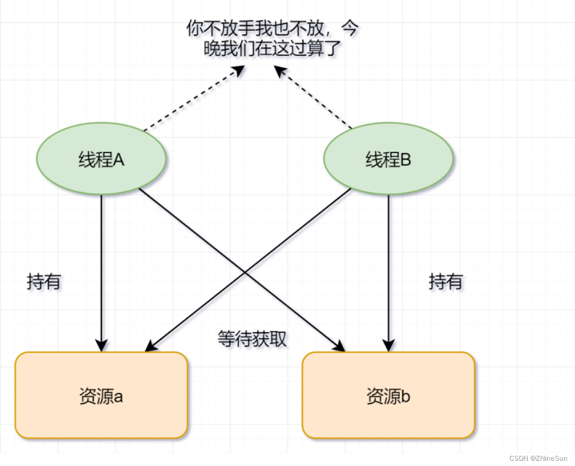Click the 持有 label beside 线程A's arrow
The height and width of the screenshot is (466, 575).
coord(44,282)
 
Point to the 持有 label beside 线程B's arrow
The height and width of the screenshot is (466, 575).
coord(446,282)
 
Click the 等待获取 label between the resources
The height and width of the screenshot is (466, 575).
coord(252,339)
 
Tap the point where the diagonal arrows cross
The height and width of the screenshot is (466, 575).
coord(244,271)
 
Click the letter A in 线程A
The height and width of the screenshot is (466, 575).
coord(118,160)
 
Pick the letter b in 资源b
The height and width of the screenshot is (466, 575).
coord(406,396)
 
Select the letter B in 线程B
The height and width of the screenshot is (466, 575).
coord(406,160)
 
